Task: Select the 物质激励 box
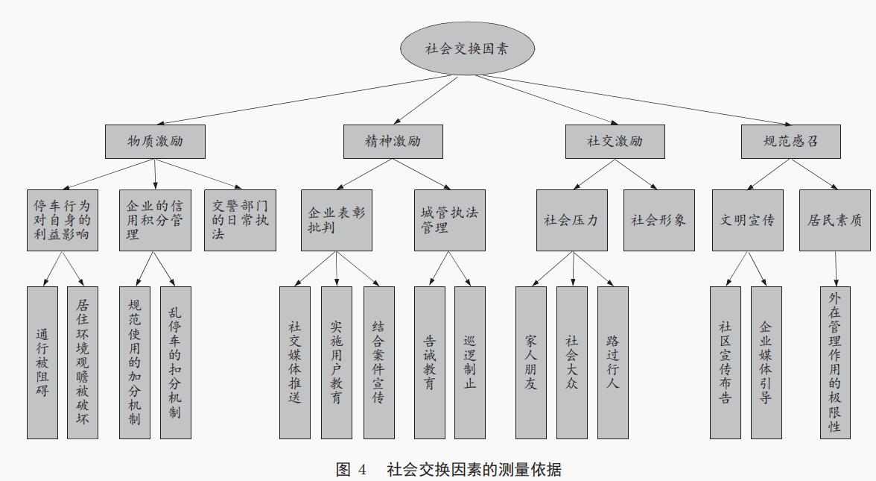155,141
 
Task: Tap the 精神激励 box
393,141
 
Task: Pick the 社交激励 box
615,141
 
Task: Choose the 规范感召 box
791,141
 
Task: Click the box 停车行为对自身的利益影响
63,220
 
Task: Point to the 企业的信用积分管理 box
155,220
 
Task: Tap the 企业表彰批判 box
337,220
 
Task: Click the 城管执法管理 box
449,220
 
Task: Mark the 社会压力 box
571,220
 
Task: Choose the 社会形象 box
658,220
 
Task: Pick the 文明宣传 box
747,220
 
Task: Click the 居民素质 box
834,220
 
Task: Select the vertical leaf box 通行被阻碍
42,362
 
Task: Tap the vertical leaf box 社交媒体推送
295,362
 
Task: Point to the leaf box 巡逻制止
470,362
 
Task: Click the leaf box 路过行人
612,362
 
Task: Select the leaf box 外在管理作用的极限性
835,362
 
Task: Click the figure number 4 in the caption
362,470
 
